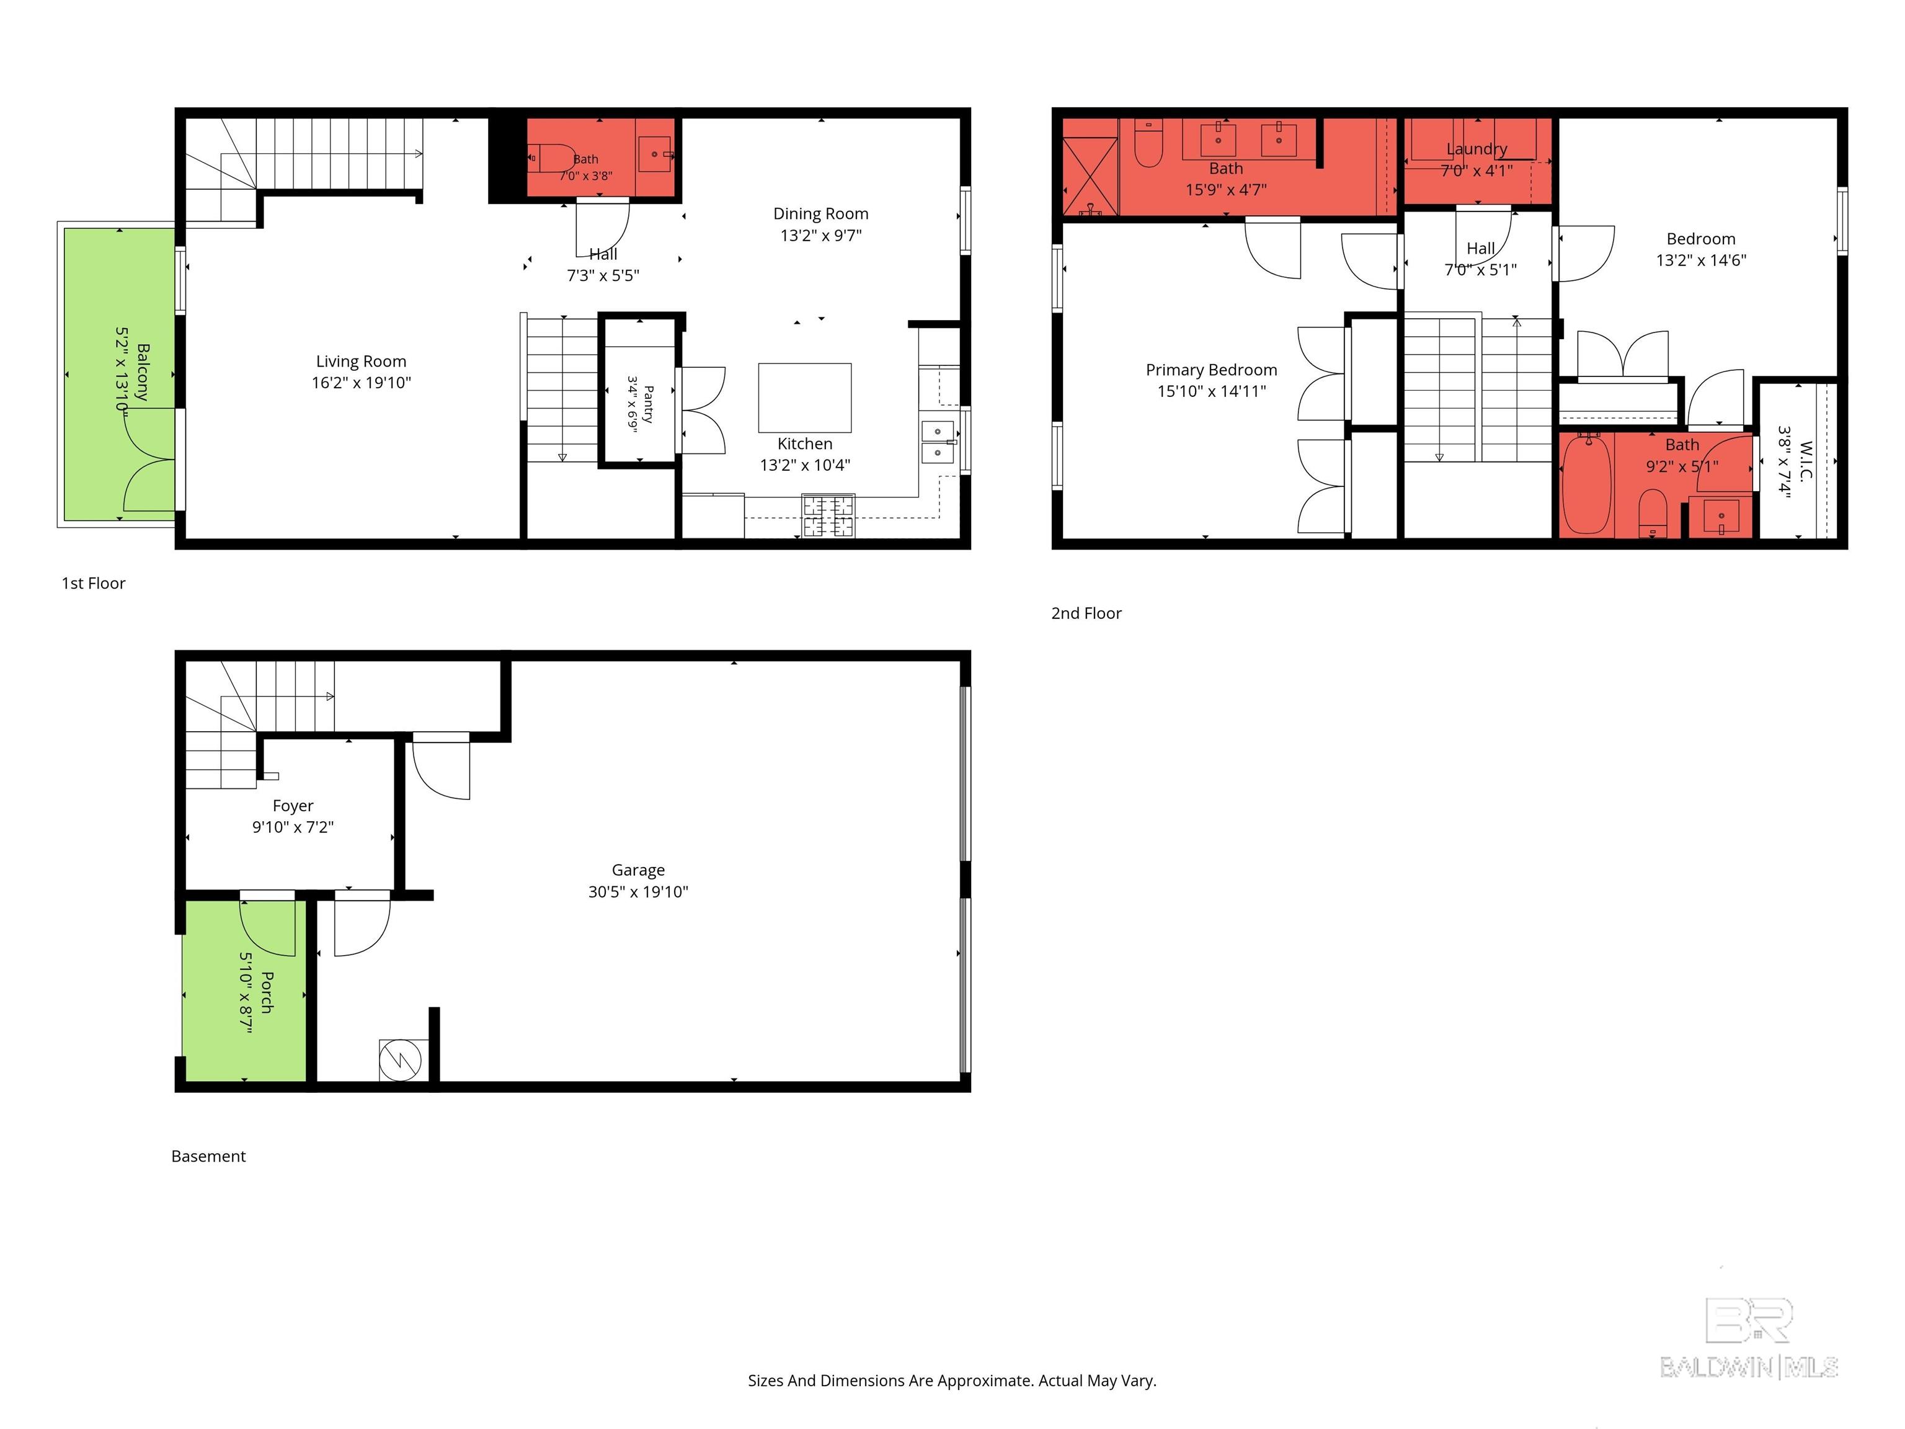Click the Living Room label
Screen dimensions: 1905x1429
point(361,362)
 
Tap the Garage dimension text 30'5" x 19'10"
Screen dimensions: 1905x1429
point(638,891)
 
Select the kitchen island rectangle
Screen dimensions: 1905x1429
point(804,398)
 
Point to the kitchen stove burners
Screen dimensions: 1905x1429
point(828,515)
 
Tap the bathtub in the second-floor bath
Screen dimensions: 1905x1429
point(1586,484)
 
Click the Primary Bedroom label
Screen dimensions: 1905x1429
point(1211,370)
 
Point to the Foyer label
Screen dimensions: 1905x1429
point(293,806)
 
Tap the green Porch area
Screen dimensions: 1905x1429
point(244,990)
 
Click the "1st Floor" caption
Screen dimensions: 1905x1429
point(93,583)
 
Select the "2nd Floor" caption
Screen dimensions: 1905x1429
point(1086,613)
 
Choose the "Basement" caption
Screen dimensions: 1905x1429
point(208,1156)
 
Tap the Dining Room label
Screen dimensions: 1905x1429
point(821,213)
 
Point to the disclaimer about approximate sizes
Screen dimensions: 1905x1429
point(952,1381)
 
